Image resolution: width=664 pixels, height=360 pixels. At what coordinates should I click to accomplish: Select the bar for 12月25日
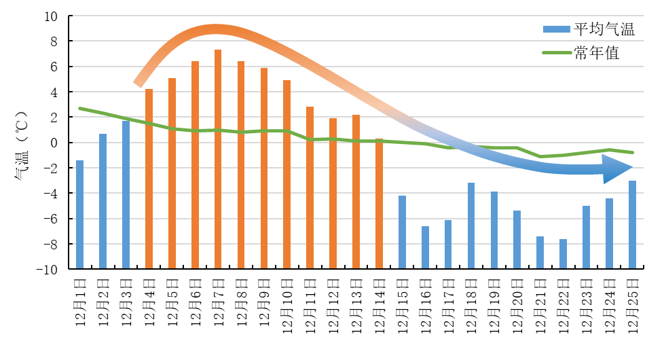tap(632, 224)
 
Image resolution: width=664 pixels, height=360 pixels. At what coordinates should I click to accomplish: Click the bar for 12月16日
tap(425, 247)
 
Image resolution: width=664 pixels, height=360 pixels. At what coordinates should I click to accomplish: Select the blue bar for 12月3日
tap(126, 194)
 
